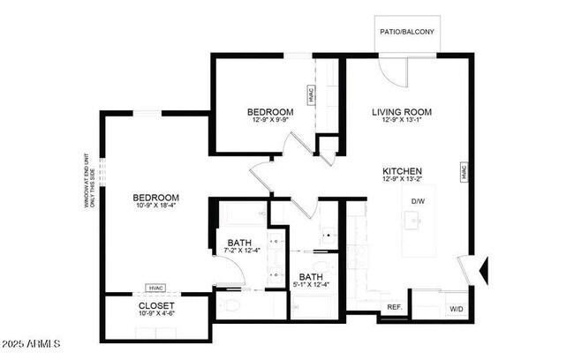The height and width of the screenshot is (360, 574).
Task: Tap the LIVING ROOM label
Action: tap(401, 112)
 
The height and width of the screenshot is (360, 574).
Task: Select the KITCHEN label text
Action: tap(402, 171)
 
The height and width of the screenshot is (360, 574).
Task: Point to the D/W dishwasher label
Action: tap(418, 201)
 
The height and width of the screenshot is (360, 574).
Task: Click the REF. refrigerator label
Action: tap(395, 308)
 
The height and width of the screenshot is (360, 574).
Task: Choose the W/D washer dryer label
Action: tap(457, 309)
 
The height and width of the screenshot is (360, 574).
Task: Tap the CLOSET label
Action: tap(157, 305)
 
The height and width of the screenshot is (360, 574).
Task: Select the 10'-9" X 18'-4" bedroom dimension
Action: tap(156, 206)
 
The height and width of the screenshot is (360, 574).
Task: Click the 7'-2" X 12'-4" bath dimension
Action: tap(241, 251)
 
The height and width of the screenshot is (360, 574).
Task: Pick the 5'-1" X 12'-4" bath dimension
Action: tap(312, 284)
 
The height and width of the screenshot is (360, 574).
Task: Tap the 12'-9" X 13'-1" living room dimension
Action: tap(401, 121)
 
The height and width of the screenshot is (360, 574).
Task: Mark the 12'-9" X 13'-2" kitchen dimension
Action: tap(402, 180)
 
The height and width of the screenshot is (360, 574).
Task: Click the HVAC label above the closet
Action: tap(156, 288)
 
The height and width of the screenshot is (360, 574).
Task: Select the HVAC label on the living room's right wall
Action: tap(463, 173)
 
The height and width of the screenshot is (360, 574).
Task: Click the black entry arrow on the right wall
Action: tap(483, 267)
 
